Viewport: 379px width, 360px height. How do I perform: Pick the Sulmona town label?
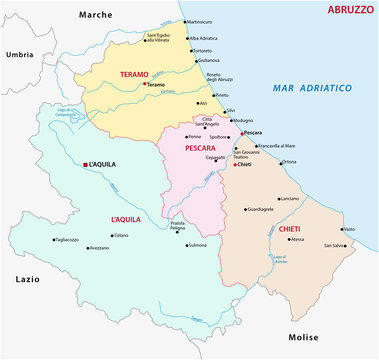click(x=197, y=245)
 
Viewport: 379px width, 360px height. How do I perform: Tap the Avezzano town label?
click(x=98, y=248)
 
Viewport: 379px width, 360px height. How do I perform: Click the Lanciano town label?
click(x=289, y=199)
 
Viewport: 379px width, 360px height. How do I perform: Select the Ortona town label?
click(x=289, y=161)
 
